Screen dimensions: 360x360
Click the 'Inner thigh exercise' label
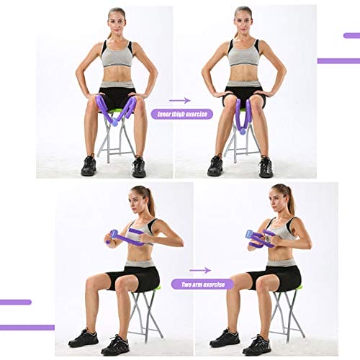[181, 114]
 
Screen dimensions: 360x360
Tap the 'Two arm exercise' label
[202, 284]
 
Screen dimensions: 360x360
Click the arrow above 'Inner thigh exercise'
[180, 100]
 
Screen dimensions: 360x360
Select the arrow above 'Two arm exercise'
[200, 270]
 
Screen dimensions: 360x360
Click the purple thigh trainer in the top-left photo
[115, 110]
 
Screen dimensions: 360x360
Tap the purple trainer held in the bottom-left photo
[127, 238]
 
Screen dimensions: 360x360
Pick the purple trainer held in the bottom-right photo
[261, 240]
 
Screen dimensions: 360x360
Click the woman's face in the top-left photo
[116, 22]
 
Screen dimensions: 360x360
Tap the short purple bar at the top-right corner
[351, 35]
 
